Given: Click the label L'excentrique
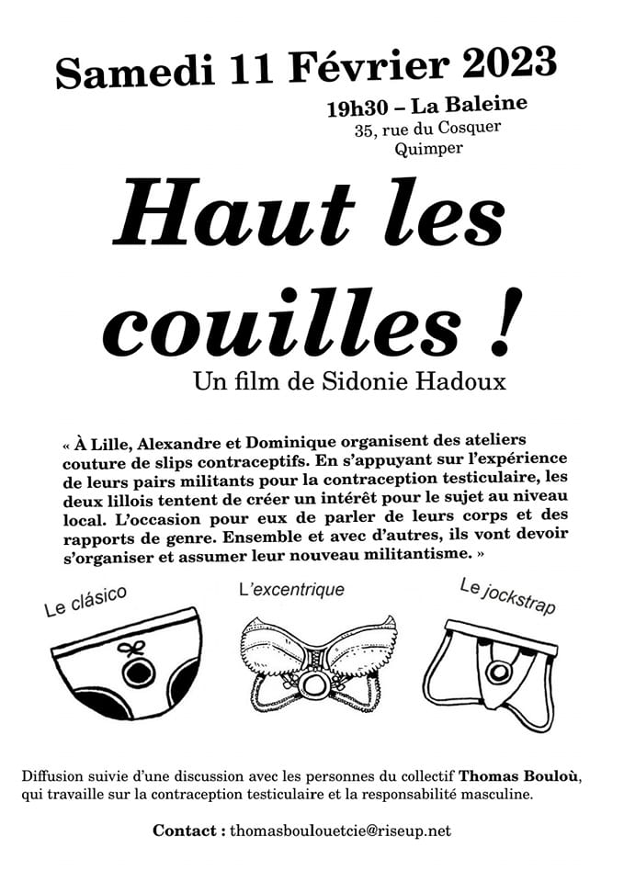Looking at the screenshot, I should [291, 589].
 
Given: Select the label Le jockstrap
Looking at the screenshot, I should [507, 596].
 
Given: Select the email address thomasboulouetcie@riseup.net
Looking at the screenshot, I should [340, 831].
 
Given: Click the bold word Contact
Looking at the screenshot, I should [188, 831].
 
